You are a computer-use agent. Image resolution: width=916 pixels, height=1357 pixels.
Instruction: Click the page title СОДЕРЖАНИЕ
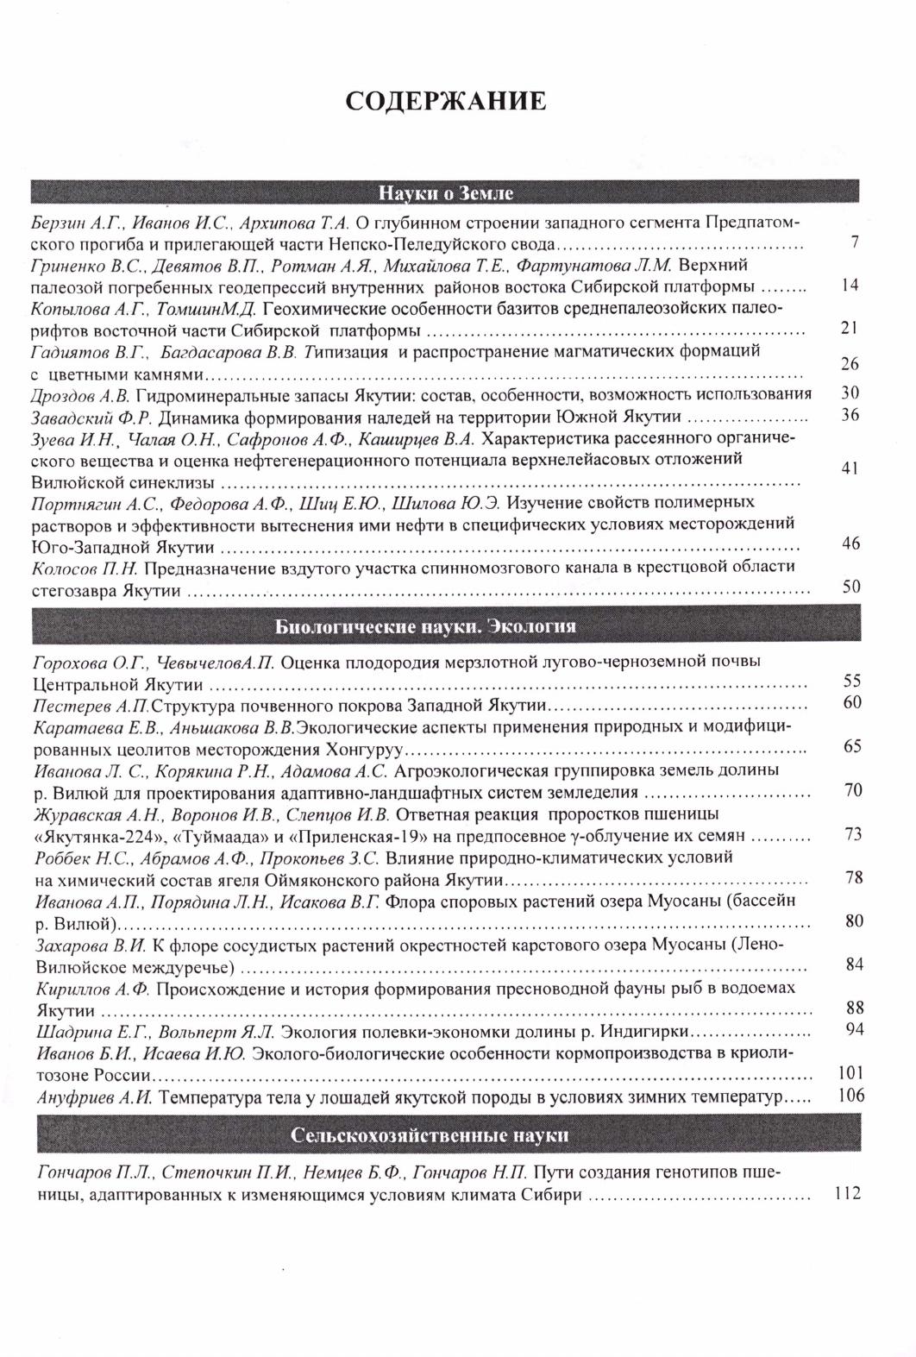(x=445, y=101)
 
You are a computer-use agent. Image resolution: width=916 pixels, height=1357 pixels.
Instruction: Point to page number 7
(x=853, y=242)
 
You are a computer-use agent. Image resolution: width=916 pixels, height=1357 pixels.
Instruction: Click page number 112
(x=850, y=1194)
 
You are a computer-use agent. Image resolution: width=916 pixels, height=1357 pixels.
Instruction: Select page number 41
(x=850, y=468)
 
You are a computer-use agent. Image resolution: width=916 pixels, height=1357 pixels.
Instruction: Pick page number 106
(x=850, y=1096)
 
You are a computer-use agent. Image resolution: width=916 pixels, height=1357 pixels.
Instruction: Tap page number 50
(x=851, y=587)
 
